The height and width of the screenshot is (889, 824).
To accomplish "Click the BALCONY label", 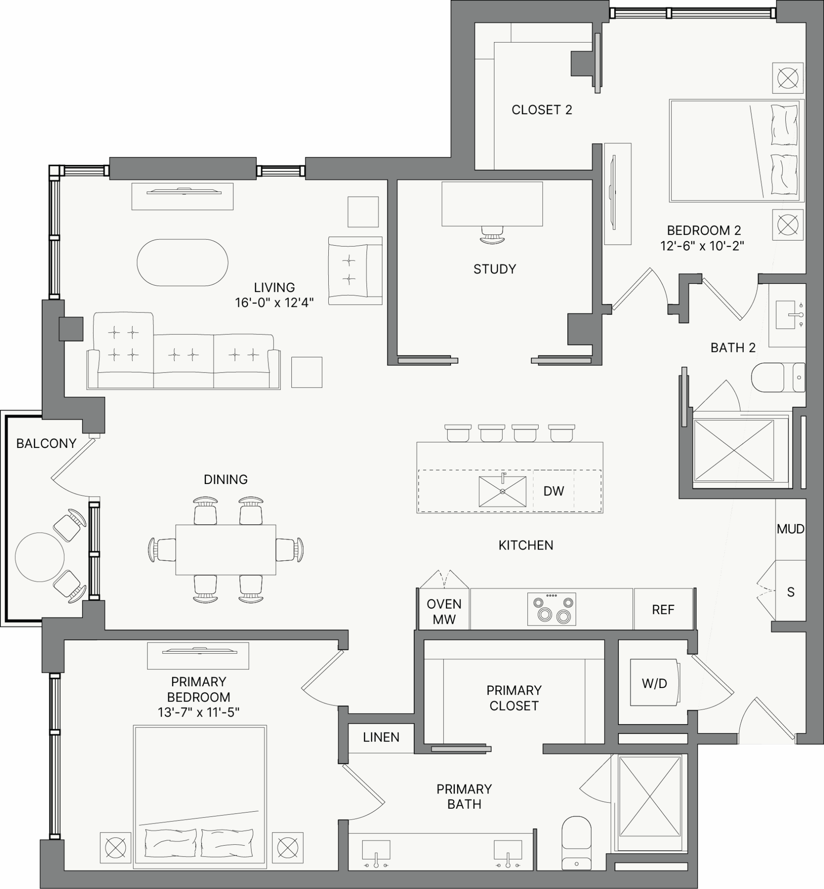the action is tap(46, 443).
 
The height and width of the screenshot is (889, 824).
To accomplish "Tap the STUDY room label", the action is tap(495, 269).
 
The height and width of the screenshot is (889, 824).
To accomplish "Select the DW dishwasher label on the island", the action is tap(554, 491).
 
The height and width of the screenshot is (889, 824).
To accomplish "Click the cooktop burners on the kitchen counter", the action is tap(552, 609).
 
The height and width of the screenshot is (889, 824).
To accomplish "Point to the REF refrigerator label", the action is tap(663, 609).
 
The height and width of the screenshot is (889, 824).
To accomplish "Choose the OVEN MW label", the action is tap(444, 612).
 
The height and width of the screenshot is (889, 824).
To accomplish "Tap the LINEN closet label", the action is tap(381, 737).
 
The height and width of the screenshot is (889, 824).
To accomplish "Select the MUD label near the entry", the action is tap(791, 529).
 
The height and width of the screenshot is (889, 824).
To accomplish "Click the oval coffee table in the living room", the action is tap(183, 263).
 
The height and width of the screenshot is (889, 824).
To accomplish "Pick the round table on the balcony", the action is tap(40, 557).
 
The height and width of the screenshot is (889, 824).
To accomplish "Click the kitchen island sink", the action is tap(503, 491).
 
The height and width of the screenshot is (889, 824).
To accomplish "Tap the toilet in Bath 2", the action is tap(778, 377).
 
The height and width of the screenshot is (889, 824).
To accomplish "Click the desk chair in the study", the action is tap(492, 235).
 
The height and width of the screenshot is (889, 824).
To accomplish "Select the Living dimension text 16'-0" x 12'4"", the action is tap(274, 303).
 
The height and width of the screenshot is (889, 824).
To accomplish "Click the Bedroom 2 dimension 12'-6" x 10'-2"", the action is tap(702, 246).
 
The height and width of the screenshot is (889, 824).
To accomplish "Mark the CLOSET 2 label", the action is tap(542, 110).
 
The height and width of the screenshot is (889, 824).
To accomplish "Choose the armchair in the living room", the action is tap(355, 271).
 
